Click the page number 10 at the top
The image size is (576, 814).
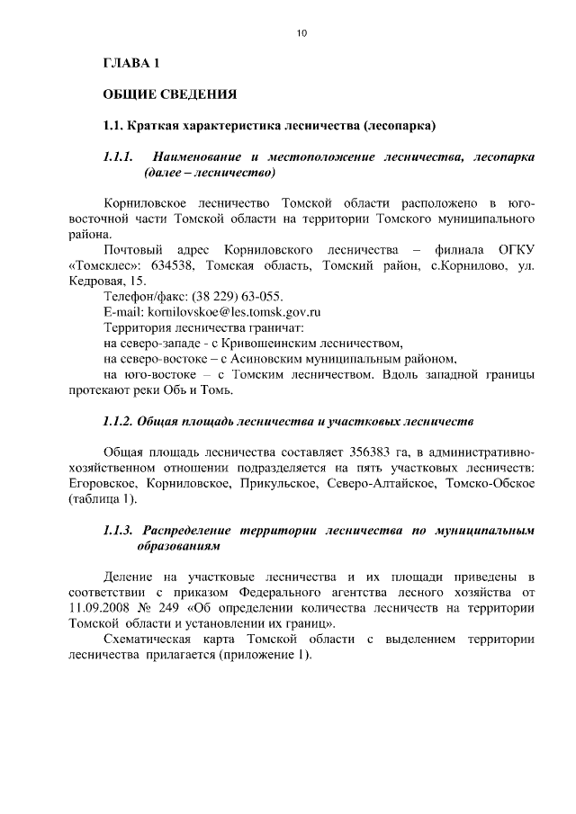(301, 33)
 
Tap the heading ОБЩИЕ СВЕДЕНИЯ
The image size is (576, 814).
(168, 93)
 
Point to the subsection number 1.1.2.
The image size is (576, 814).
(119, 421)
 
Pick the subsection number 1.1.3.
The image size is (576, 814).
(119, 530)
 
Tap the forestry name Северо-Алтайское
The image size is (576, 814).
(400, 484)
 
